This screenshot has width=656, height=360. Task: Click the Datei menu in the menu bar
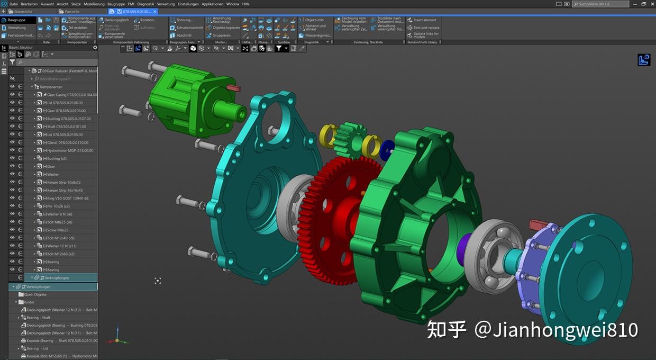tap(14, 4)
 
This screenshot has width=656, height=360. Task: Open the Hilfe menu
tap(245, 4)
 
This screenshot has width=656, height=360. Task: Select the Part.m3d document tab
tap(72, 11)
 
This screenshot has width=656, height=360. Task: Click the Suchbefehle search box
tap(603, 4)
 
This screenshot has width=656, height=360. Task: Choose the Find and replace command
tap(426, 28)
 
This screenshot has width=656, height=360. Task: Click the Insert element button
tap(424, 20)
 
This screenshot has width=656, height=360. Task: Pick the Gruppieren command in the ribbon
tap(221, 35)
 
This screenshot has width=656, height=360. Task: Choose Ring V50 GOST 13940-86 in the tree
tap(68, 198)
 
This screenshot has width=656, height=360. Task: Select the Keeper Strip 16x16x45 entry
tap(65, 190)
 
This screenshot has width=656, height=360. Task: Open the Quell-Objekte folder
tap(36, 294)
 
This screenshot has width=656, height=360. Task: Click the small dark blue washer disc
tap(387, 150)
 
